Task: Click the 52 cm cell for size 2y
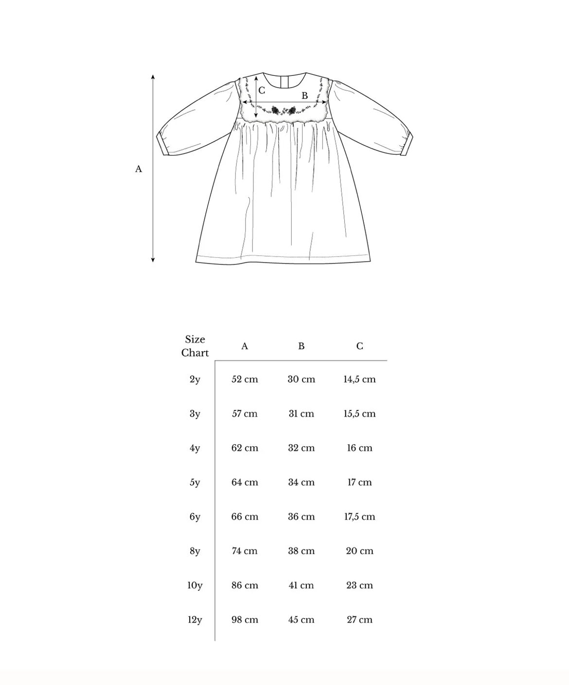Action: point(245,379)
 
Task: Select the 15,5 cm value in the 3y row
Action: point(359,414)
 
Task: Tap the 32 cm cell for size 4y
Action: point(301,448)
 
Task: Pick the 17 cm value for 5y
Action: point(359,483)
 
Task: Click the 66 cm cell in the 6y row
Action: point(245,517)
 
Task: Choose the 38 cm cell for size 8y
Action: point(301,551)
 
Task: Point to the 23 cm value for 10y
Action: point(359,585)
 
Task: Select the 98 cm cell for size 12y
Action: point(245,620)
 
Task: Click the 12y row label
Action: point(195,620)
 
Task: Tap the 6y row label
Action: point(195,517)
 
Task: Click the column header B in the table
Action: point(302,346)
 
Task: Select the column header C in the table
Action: point(359,346)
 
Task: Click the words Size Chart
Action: point(195,346)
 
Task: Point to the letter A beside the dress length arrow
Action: point(139,169)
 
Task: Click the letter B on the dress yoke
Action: point(305,96)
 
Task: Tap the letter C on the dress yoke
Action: point(262,90)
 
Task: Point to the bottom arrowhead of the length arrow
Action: point(153,260)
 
